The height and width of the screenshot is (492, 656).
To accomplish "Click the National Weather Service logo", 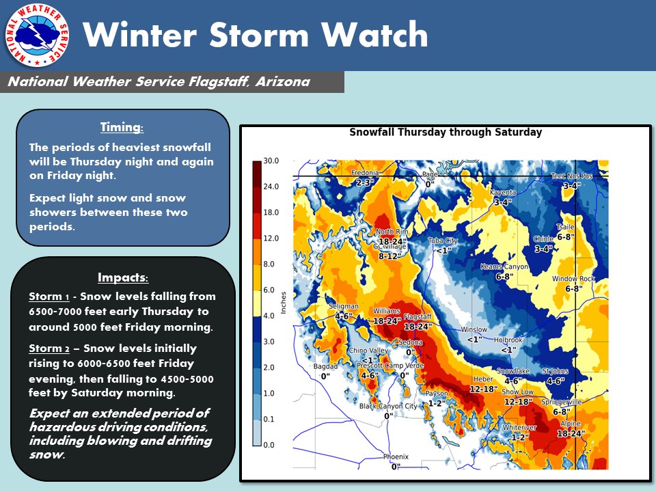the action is click(37, 35).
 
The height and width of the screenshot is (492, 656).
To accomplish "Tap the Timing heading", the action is click(122, 127).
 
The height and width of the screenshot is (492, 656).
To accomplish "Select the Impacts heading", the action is click(123, 277).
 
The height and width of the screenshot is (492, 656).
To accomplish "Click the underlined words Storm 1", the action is click(49, 296).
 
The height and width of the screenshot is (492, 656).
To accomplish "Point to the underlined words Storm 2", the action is click(49, 348).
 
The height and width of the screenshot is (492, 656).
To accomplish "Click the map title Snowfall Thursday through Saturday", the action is click(446, 132).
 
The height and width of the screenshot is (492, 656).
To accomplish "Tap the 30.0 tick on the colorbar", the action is click(271, 161).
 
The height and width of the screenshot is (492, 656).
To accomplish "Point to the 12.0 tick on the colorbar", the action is click(271, 238).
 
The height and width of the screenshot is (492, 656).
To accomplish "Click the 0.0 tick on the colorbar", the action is click(269, 445).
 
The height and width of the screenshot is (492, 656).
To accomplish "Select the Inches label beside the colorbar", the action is click(283, 303).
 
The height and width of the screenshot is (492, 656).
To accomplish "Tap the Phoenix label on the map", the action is click(396, 456).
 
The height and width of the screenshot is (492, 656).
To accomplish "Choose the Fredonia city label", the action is click(365, 172).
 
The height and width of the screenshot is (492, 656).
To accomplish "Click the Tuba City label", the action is click(443, 241).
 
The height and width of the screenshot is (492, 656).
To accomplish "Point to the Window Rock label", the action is click(573, 279).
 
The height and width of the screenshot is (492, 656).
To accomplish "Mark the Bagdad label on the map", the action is click(325, 366).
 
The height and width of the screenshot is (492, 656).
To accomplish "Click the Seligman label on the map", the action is click(344, 306).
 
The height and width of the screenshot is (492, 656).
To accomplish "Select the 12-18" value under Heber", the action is click(484, 389).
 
